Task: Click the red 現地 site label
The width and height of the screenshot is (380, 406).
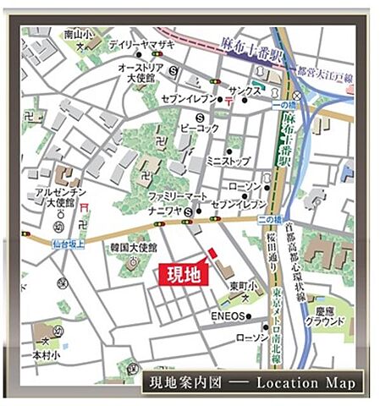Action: click(184, 274)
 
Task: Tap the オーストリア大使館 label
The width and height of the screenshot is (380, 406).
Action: click(139, 71)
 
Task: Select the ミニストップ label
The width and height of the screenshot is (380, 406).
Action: click(228, 160)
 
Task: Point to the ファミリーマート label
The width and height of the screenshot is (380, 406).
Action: click(177, 195)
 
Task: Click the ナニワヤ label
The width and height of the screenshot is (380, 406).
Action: click(164, 211)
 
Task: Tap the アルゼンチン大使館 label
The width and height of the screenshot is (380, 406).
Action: click(58, 198)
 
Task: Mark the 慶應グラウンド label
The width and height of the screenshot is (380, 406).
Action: click(326, 316)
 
